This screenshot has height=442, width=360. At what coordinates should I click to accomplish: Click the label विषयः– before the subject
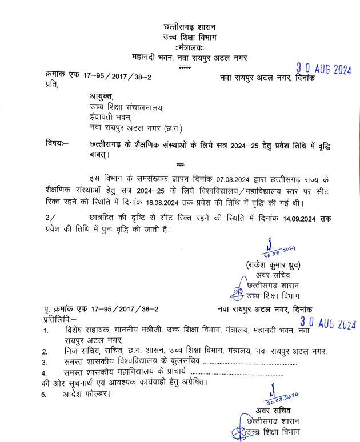(57, 143)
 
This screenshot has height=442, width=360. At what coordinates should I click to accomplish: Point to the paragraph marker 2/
(51, 219)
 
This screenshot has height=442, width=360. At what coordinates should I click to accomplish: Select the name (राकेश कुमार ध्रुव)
(271, 265)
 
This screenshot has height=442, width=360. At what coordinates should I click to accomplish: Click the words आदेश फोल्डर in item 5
(87, 394)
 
